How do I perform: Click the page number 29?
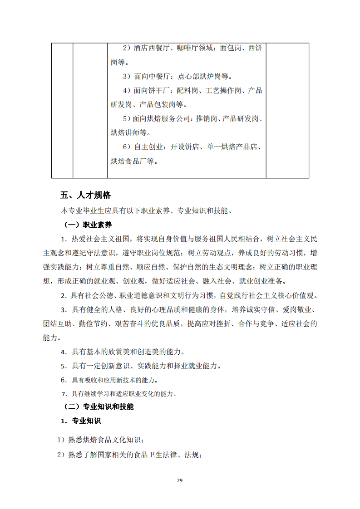click(x=180, y=481)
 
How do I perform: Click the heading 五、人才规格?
click(x=85, y=196)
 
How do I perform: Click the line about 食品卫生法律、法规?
click(x=129, y=455)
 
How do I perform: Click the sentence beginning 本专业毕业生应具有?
click(x=146, y=211)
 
